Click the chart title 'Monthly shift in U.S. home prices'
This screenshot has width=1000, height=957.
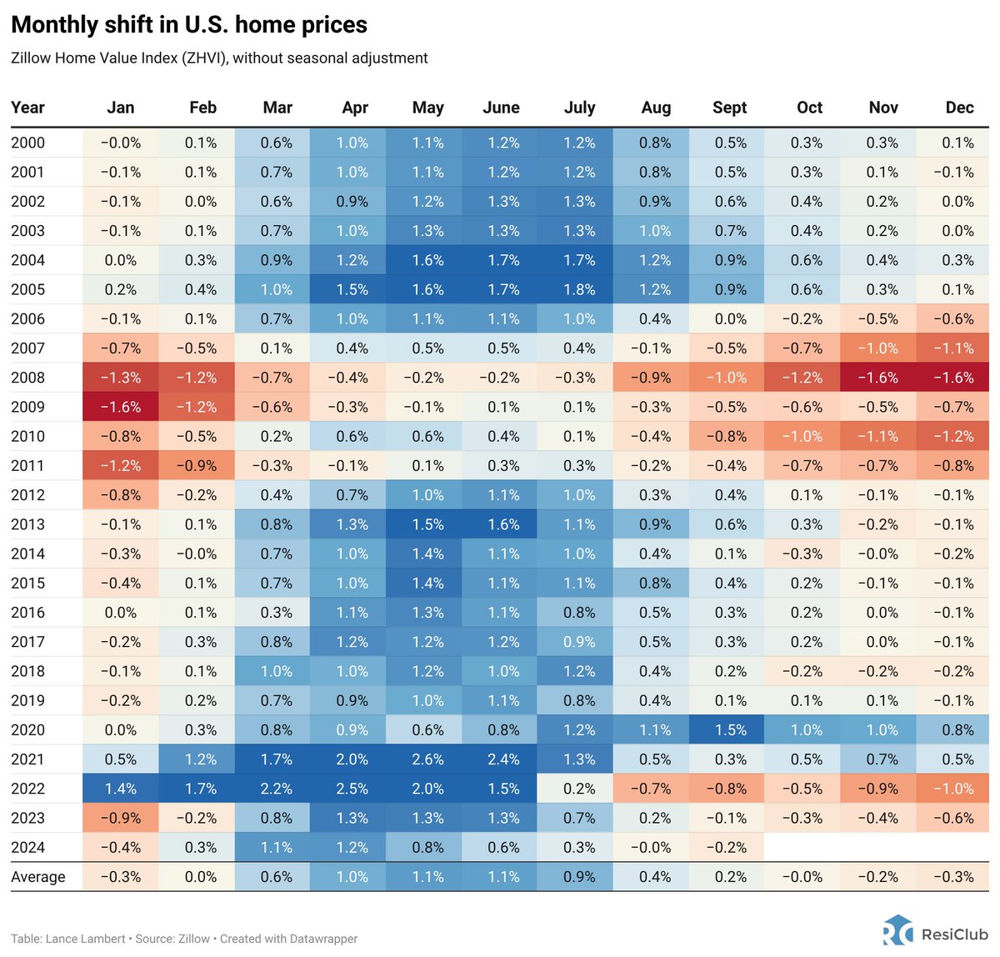(x=189, y=25)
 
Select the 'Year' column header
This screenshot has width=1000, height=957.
(x=27, y=108)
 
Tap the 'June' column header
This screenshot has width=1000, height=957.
(x=501, y=108)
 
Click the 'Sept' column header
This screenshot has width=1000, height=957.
(x=729, y=108)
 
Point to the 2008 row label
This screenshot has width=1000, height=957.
(x=27, y=378)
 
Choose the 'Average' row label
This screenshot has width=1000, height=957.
(x=37, y=877)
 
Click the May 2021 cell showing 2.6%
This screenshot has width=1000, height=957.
(x=427, y=759)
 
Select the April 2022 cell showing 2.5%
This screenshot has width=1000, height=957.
(x=352, y=789)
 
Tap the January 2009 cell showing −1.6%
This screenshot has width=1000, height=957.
(x=121, y=407)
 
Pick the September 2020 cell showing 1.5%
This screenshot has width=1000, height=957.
(x=730, y=730)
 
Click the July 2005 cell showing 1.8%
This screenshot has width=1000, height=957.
(x=579, y=289)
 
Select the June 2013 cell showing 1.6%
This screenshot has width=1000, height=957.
(x=503, y=524)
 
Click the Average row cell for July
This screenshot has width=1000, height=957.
(x=579, y=877)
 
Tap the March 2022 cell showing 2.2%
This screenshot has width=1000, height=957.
(x=276, y=789)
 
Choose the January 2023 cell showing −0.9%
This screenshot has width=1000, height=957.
(x=121, y=818)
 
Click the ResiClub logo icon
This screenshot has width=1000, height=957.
(x=898, y=930)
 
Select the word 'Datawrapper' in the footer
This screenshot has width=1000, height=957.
(x=323, y=939)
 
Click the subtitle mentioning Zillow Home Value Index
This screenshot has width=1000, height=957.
(x=219, y=58)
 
